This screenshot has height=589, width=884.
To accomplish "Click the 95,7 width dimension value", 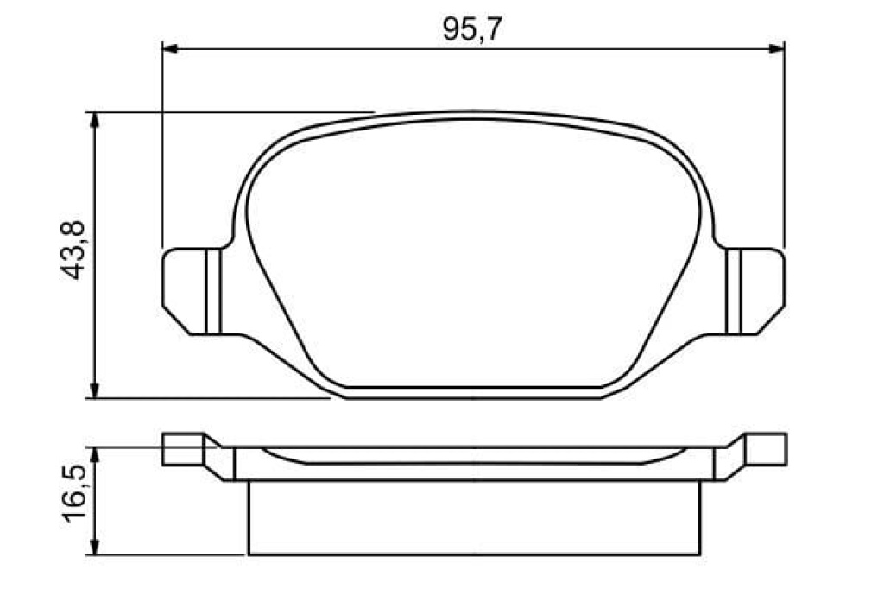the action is click(x=472, y=29).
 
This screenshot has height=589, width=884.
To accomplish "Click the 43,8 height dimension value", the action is click(x=73, y=250).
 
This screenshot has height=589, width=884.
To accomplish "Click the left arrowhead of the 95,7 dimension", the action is click(x=170, y=49).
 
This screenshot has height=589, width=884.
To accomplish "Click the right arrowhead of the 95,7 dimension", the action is click(x=776, y=49).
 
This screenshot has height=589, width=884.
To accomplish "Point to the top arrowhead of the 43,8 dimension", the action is click(x=95, y=120).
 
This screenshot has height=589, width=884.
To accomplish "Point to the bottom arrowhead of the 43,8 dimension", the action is click(x=95, y=390).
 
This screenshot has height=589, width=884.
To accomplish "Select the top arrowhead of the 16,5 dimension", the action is click(x=95, y=456).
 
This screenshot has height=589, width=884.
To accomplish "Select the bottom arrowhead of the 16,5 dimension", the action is click(x=95, y=546).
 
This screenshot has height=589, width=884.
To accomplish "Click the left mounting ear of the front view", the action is click(x=192, y=291).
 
